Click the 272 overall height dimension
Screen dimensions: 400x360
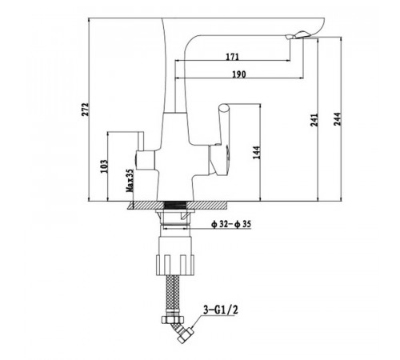85,110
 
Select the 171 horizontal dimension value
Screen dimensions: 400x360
233,57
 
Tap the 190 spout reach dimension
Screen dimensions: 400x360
239,74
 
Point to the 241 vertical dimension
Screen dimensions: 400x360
315,120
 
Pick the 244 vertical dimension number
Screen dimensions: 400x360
338,119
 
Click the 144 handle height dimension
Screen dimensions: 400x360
257,153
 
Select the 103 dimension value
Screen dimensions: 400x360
104,166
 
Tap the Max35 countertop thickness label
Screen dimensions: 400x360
130,181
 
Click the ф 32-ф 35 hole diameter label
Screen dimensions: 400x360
231,224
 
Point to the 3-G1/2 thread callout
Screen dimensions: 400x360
221,310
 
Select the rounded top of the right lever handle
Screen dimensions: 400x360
223,109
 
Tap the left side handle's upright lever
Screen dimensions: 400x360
140,141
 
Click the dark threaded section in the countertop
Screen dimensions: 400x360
175,206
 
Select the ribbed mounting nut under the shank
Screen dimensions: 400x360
175,265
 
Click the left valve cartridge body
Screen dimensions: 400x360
146,160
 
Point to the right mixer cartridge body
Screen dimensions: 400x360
219,159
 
